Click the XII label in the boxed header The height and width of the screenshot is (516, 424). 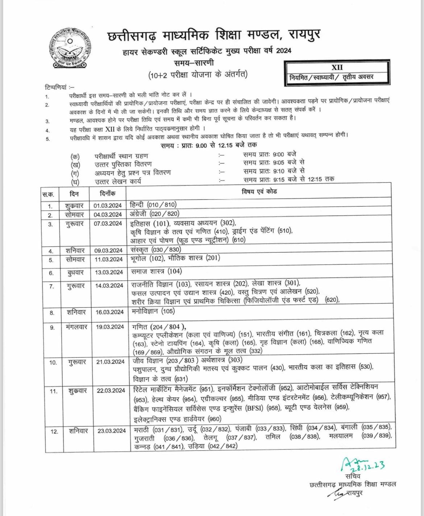337,67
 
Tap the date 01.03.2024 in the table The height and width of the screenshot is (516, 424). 108,206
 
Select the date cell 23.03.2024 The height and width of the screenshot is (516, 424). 112,430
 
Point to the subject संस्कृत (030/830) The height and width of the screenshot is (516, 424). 155,250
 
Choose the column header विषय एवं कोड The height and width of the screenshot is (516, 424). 259,191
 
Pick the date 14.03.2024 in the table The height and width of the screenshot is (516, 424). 110,286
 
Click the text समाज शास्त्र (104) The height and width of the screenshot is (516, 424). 157,271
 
